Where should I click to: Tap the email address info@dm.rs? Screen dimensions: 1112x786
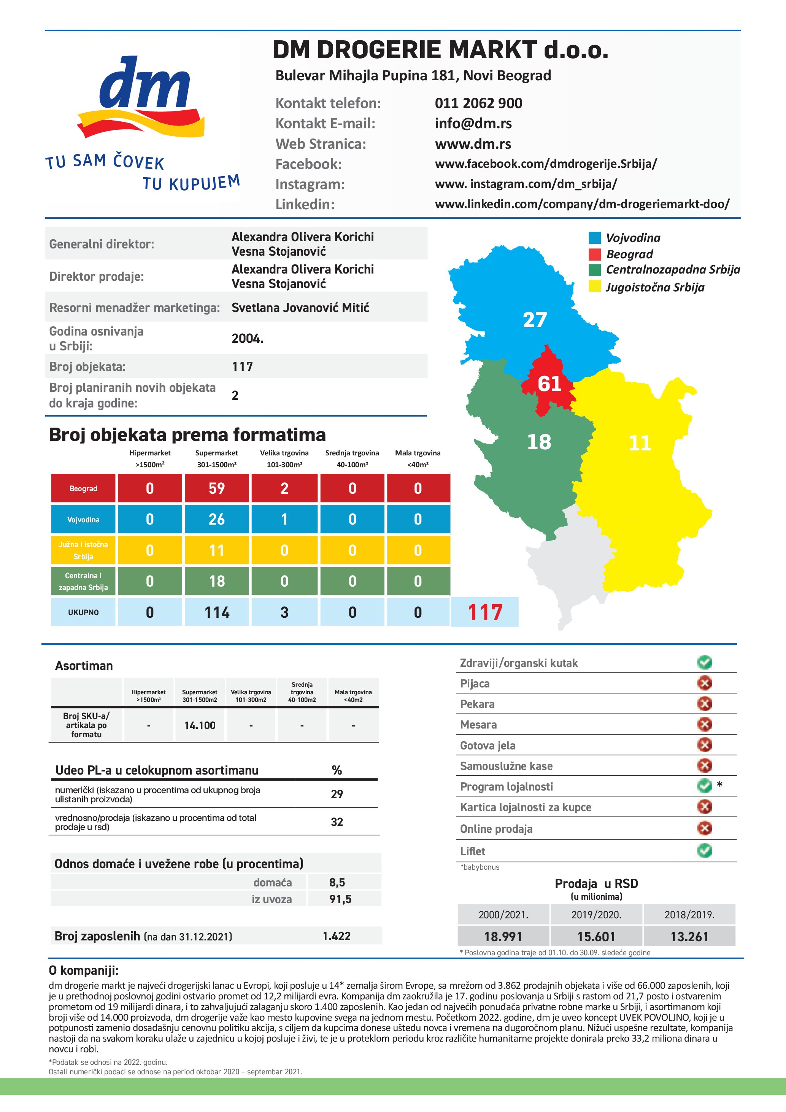click(x=473, y=124)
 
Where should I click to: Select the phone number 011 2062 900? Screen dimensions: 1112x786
click(x=478, y=103)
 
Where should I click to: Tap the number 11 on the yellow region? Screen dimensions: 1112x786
click(x=639, y=443)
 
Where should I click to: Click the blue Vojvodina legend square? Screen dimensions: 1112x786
click(x=594, y=238)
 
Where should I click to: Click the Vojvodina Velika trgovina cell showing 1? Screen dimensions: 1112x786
click(x=284, y=519)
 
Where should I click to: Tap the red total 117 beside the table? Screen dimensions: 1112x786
click(x=485, y=612)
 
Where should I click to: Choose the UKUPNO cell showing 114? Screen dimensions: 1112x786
click(x=216, y=612)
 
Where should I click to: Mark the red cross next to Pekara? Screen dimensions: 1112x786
click(x=705, y=703)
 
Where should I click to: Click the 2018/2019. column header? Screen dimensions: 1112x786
click(x=689, y=915)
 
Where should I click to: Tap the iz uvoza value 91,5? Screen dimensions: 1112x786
click(x=340, y=899)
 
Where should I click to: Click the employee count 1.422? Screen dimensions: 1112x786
click(x=337, y=936)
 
